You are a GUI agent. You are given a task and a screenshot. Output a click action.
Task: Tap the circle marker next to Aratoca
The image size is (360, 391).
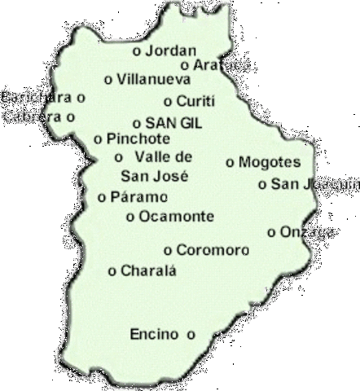click(186, 64)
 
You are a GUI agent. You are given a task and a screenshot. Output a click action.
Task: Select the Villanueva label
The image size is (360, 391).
click(153, 79)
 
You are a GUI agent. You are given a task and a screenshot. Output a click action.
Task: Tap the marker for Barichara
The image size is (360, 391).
click(81, 97)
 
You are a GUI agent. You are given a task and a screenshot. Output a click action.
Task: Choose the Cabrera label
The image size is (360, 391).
click(32, 116)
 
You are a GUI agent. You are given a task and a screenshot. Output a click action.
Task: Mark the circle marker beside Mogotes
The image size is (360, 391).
click(230, 162)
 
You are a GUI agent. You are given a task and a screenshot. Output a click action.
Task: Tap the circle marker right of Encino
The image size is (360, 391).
click(191, 333)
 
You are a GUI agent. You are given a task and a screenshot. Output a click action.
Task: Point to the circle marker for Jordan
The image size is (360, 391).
click(135, 51)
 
